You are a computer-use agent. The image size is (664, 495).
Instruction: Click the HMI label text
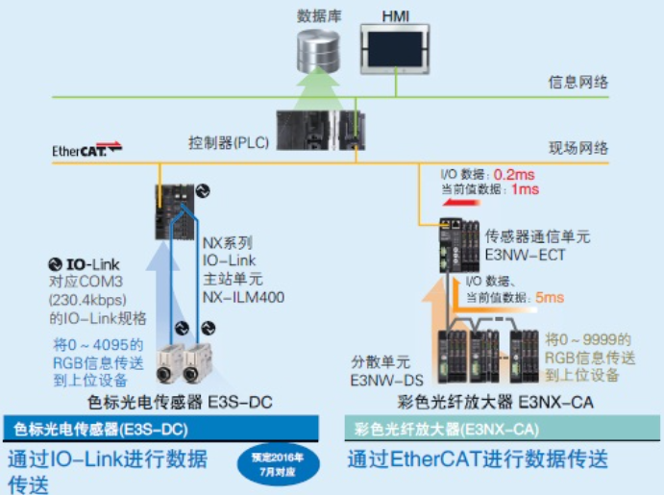(x=395, y=14)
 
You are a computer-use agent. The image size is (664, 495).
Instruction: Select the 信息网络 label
(x=578, y=83)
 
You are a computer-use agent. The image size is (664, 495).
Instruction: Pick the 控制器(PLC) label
(x=228, y=142)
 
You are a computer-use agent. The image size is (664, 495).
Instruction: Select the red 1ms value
(x=525, y=190)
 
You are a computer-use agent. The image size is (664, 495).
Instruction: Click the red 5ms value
(x=550, y=299)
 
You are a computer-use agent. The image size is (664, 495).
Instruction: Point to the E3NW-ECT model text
(x=525, y=256)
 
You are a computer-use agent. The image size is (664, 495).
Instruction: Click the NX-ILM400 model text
(x=244, y=297)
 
